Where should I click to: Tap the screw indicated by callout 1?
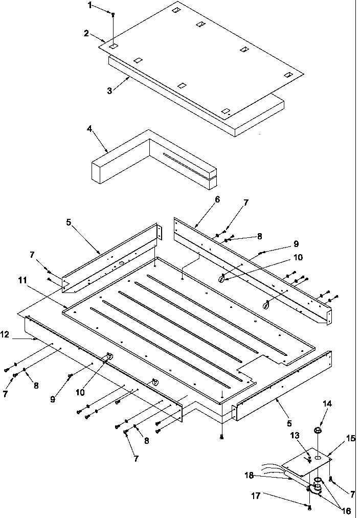pyautogui.click(x=113, y=16)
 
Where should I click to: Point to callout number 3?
pyautogui.click(x=109, y=91)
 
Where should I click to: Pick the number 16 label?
pyautogui.click(x=347, y=511)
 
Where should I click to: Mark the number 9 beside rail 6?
pyautogui.click(x=296, y=244)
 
